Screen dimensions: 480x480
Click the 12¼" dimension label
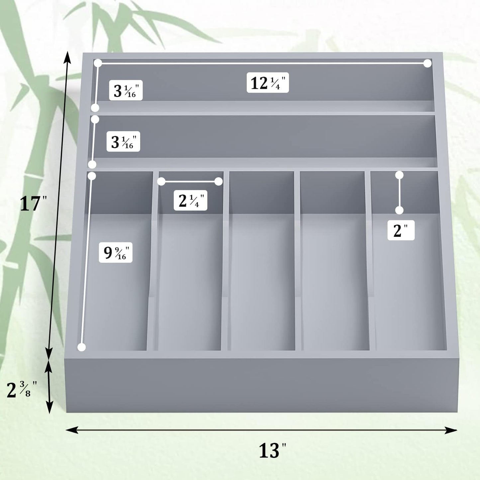[x=268, y=83]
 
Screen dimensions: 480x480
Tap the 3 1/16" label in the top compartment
[x=126, y=90]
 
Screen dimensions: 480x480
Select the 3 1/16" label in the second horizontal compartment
[x=123, y=142]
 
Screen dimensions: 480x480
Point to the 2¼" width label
[x=190, y=200]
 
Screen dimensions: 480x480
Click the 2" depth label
[x=401, y=230]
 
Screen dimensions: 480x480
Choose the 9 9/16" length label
[x=116, y=253]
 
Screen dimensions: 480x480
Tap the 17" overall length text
[x=33, y=203]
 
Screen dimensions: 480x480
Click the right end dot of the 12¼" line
[x=428, y=63]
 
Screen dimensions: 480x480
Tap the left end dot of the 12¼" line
[x=98, y=63]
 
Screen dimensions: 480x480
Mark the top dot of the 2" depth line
[x=399, y=175]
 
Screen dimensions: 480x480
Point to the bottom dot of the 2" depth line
[x=399, y=210]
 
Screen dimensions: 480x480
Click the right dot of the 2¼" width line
[x=218, y=181]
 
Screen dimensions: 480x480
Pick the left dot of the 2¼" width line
[x=161, y=181]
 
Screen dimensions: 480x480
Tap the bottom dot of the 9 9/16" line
[x=81, y=347]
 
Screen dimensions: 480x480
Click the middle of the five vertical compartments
[x=262, y=266]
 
